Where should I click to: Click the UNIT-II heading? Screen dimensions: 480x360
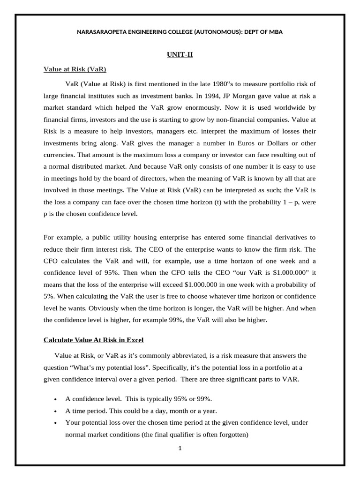pos(180,55)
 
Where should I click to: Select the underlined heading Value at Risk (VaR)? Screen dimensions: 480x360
pos(75,69)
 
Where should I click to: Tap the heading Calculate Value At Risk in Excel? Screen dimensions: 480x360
pos(93,340)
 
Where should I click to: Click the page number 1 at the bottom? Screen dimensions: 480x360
pos(180,448)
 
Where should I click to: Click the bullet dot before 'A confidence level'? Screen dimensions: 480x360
pos(55,399)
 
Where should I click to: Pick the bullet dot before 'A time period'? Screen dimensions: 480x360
pos(55,411)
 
